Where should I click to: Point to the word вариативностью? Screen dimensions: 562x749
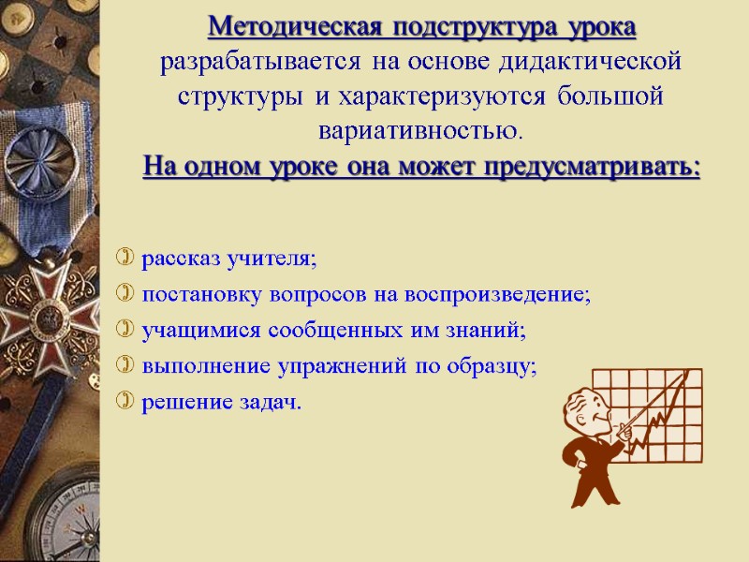420,127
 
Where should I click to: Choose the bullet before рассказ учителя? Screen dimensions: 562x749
125,258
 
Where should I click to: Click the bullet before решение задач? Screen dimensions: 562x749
125,403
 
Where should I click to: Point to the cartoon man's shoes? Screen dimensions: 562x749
586,496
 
